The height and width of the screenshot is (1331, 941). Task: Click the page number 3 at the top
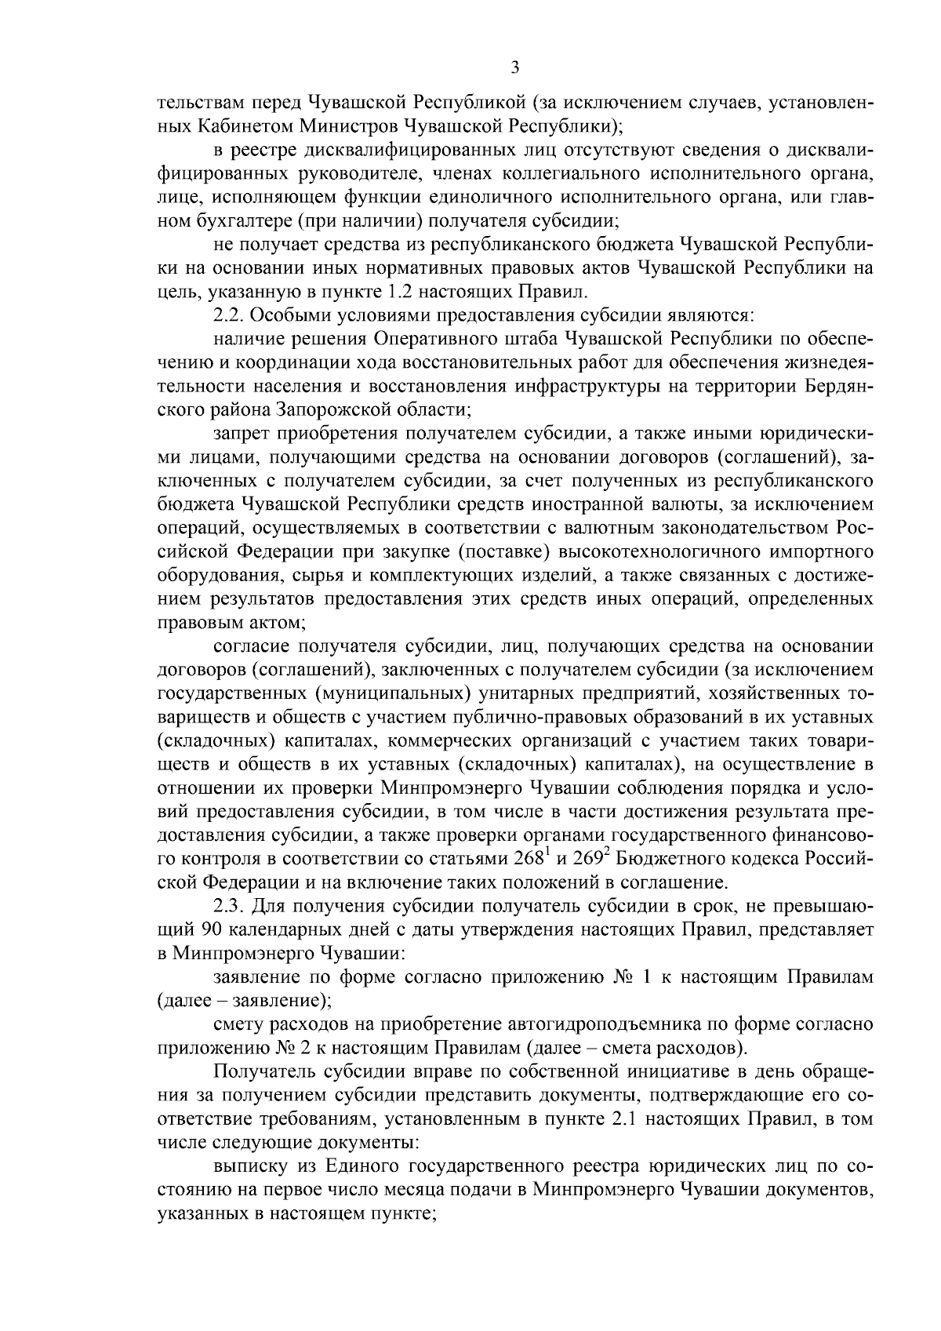click(x=514, y=67)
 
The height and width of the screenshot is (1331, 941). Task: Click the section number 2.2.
click(x=228, y=316)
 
